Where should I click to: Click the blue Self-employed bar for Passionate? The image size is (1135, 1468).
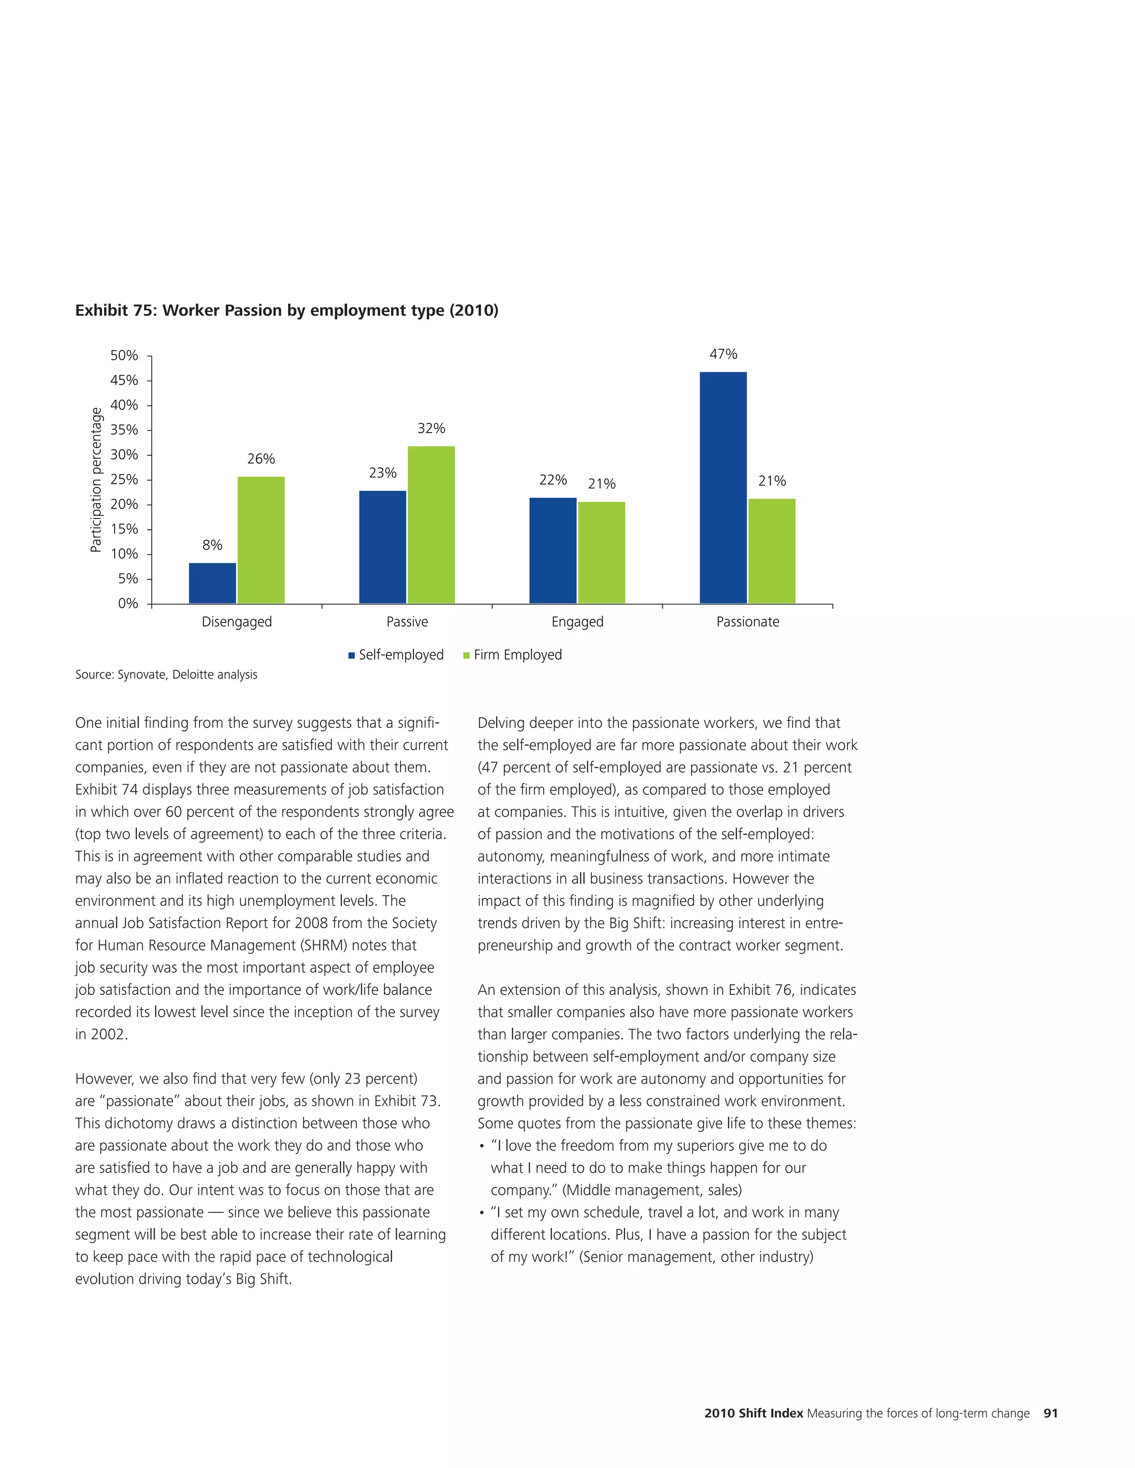[723, 487]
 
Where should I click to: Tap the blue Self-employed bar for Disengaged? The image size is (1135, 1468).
[212, 583]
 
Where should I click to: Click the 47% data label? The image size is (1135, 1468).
[723, 354]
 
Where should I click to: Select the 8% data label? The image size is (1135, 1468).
[212, 545]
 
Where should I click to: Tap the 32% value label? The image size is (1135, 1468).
[431, 429]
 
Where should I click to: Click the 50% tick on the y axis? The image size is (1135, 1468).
[124, 356]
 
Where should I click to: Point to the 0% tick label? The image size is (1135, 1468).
[128, 604]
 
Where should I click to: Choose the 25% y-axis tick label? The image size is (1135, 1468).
[124, 479]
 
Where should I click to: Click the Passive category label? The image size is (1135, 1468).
[407, 622]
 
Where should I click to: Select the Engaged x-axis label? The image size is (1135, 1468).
[577, 622]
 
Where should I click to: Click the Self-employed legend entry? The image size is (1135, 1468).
[396, 655]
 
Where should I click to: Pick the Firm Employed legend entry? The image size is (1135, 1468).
[513, 655]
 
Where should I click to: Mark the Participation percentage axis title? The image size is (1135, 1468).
[96, 479]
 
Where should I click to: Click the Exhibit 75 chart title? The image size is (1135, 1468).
[287, 311]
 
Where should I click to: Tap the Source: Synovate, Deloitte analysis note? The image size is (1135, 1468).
[166, 674]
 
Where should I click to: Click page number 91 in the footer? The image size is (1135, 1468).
[1050, 1413]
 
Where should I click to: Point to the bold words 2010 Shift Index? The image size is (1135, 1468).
[753, 1413]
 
